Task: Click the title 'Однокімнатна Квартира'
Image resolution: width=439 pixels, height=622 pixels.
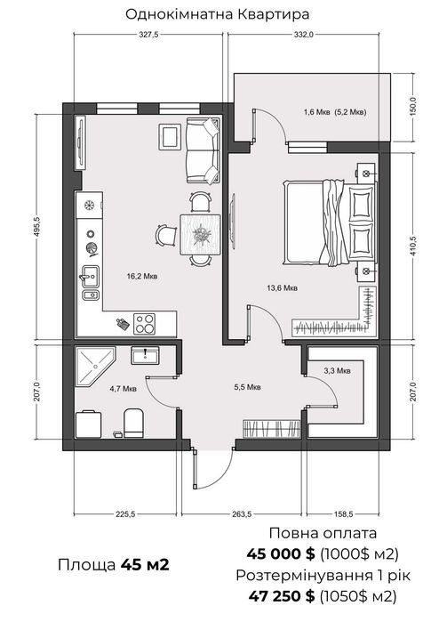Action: (x=217, y=14)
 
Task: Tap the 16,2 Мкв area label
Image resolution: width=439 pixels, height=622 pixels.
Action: (x=142, y=276)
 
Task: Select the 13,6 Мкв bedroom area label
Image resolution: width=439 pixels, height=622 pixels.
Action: (x=282, y=288)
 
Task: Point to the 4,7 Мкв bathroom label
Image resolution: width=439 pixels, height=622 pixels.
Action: (x=124, y=389)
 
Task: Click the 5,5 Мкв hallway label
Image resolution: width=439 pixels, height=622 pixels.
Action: (x=247, y=387)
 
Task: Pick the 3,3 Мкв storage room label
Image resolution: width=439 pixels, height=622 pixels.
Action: (x=337, y=371)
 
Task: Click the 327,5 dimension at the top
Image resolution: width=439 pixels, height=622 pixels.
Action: (x=148, y=35)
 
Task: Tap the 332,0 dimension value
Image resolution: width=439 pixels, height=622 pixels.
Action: (x=304, y=35)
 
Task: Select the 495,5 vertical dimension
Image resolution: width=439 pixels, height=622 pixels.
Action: (x=37, y=227)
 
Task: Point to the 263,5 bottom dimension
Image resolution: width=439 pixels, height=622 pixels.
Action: (x=242, y=514)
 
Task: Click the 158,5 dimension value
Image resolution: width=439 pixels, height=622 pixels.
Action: (x=343, y=514)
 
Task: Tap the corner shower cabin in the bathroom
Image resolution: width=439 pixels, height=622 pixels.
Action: (x=95, y=366)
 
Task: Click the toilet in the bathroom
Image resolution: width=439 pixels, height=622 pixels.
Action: (x=133, y=423)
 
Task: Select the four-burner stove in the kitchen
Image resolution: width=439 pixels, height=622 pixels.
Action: (x=144, y=323)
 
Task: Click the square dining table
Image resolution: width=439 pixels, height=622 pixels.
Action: (x=200, y=234)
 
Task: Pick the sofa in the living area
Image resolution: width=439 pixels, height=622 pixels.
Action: (x=203, y=150)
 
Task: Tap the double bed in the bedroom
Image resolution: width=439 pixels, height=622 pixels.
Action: (x=330, y=222)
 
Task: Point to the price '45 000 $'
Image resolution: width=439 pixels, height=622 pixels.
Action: (x=281, y=553)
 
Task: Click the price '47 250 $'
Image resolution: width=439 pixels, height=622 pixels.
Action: (x=282, y=595)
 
